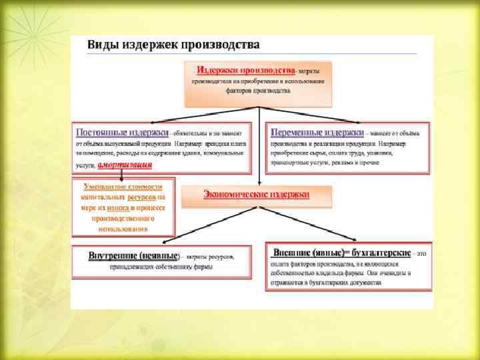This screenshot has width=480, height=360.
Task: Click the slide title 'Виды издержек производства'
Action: tap(173, 45)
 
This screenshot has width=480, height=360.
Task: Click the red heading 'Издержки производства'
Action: tap(246, 70)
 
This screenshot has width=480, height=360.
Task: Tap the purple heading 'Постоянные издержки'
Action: tap(123, 132)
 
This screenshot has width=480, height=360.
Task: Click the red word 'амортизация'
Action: tap(125, 165)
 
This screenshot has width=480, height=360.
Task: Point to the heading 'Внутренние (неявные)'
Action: tap(134, 255)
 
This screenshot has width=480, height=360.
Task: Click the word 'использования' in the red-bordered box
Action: tap(122, 229)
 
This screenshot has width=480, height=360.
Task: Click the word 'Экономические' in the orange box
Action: tap(234, 194)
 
